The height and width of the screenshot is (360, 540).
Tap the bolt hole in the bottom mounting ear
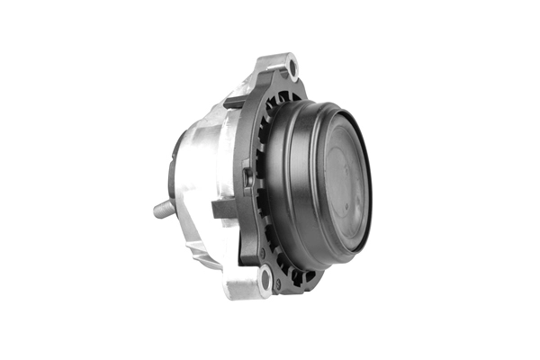point(264,277)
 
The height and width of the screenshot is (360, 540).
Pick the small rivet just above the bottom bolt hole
point(262,255)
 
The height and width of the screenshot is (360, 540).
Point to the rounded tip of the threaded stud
point(157,211)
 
